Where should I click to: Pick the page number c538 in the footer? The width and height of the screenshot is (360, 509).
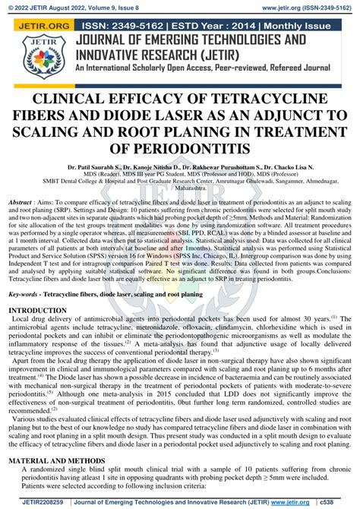pyautogui.click(x=345, y=503)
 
